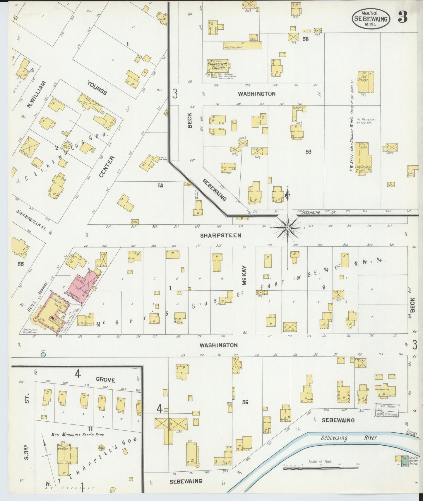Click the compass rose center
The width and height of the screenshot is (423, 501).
coord(288,228)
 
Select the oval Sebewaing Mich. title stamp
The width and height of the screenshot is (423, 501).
coord(371,18)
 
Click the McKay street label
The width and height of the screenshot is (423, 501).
coord(245,276)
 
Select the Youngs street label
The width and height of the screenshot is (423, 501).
coord(97,88)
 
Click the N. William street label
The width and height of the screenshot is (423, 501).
coord(36,95)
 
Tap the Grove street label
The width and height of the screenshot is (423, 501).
coord(106,380)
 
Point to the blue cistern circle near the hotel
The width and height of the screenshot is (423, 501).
coord(43,355)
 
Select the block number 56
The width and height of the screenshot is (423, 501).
coord(245,402)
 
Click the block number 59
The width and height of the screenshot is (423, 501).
coord(308,152)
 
